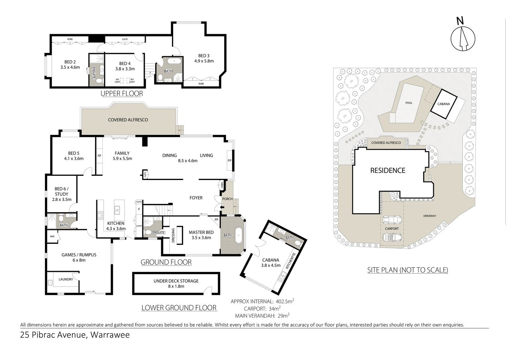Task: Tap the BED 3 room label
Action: pyautogui.click(x=204, y=55)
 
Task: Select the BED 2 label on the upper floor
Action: pyautogui.click(x=70, y=62)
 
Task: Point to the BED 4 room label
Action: pyautogui.click(x=125, y=63)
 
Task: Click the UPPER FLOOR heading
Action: pyautogui.click(x=122, y=93)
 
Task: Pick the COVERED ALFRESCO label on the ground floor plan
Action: pyautogui.click(x=128, y=120)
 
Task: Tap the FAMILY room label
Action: pyautogui.click(x=122, y=153)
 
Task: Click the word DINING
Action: pyautogui.click(x=169, y=155)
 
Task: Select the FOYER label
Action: pyautogui.click(x=196, y=198)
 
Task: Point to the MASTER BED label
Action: pyautogui.click(x=201, y=232)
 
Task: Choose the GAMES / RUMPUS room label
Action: pyautogui.click(x=79, y=255)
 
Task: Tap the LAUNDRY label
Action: pyautogui.click(x=66, y=279)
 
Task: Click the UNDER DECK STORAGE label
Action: pyautogui.click(x=176, y=281)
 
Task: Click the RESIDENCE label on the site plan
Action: pyautogui.click(x=388, y=170)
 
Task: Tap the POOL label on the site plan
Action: pyautogui.click(x=409, y=102)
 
